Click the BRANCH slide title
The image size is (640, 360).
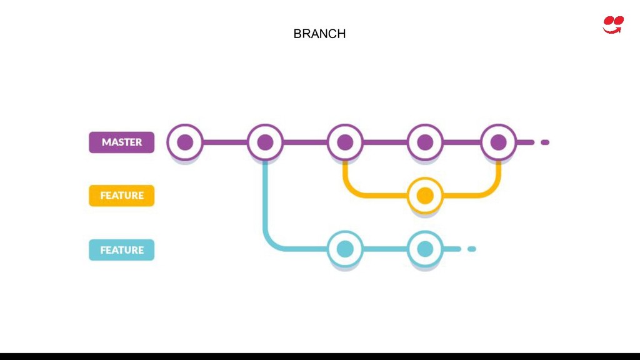click(319, 34)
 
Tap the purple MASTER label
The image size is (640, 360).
click(121, 142)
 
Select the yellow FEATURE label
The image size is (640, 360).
click(121, 196)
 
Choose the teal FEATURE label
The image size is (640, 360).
click(121, 250)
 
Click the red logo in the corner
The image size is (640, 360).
click(613, 24)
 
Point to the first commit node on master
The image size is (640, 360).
click(185, 142)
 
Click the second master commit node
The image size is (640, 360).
click(265, 142)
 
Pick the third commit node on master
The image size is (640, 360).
click(345, 142)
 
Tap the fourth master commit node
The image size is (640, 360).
click(425, 142)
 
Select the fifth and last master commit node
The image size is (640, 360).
click(498, 142)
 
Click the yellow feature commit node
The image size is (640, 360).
click(425, 196)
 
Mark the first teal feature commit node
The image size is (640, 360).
click(345, 249)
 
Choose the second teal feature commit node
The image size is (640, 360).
click(425, 249)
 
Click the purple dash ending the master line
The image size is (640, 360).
click(545, 142)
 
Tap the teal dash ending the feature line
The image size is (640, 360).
click(472, 249)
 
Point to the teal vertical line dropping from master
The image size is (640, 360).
click(265, 200)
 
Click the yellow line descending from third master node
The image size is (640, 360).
click(345, 175)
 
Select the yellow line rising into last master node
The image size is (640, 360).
click(498, 175)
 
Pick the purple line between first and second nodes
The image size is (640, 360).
click(225, 142)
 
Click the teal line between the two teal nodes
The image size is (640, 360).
click(385, 249)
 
